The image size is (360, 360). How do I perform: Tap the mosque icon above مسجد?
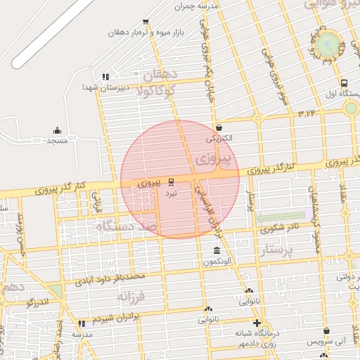(x=58, y=130)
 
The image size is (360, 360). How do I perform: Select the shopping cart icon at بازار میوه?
(x=146, y=22)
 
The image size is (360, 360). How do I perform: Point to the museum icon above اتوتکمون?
(x=216, y=251)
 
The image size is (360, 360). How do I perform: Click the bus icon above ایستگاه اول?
(x=344, y=82)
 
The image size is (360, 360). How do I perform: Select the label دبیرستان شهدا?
(x=98, y=87)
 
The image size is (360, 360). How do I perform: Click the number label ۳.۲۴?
(x=307, y=112)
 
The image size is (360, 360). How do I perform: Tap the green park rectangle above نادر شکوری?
(x=281, y=217)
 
